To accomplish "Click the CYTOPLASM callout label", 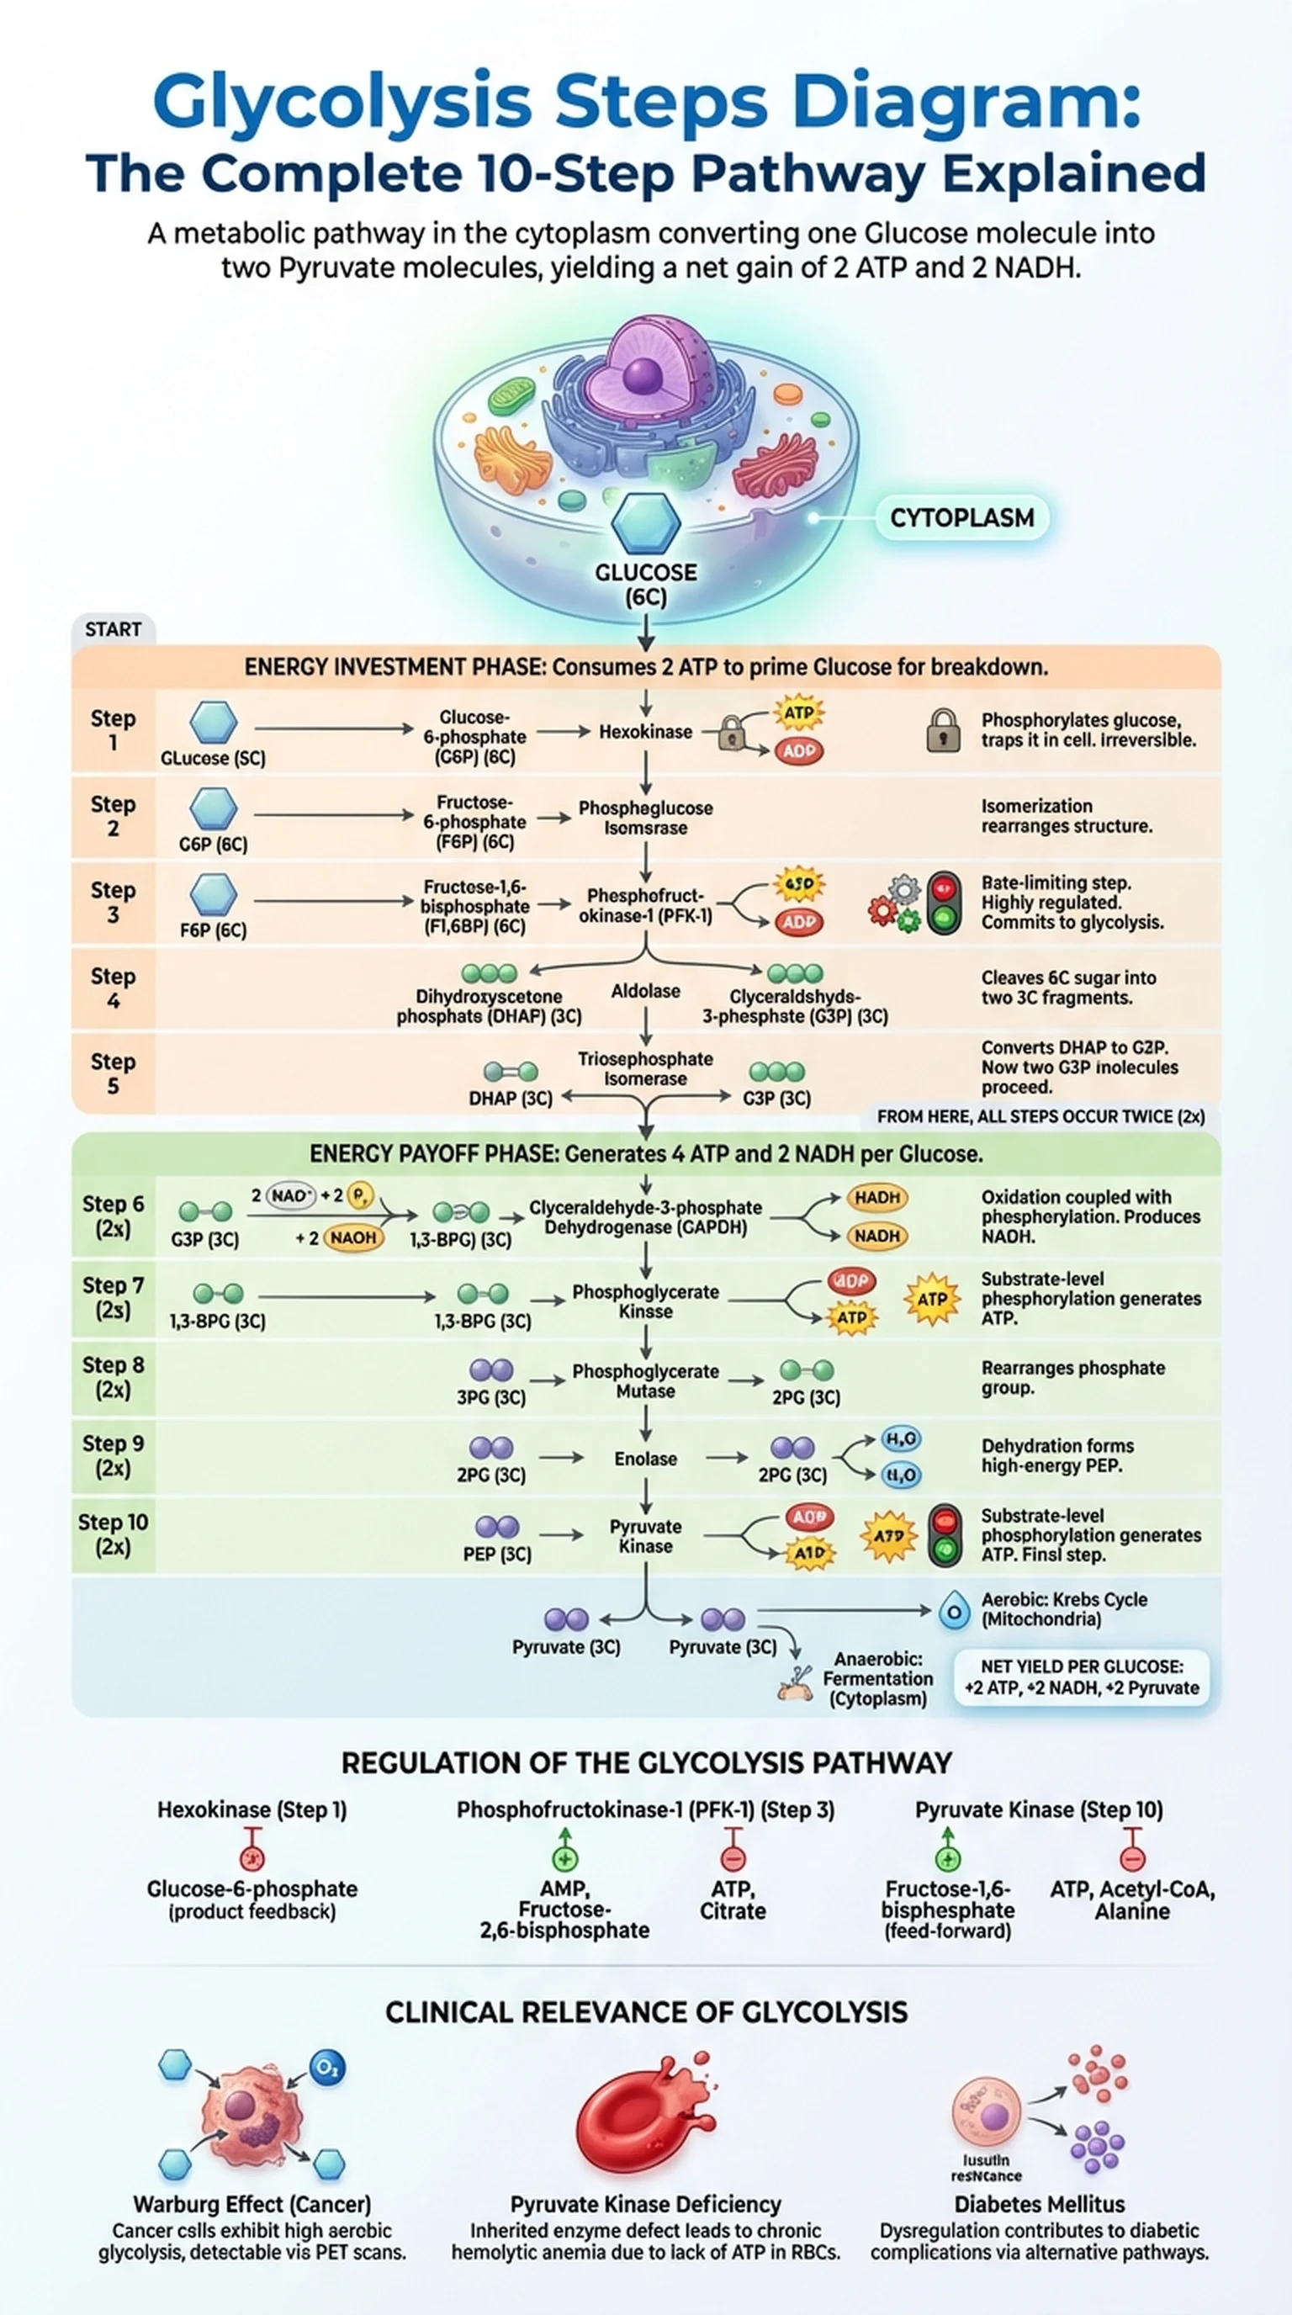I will pyautogui.click(x=961, y=517).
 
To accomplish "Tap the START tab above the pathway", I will pyautogui.click(x=114, y=629).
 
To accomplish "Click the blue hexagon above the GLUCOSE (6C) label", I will pyautogui.click(x=645, y=523).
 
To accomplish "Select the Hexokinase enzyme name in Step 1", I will pyautogui.click(x=645, y=732).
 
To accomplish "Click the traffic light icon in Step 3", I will pyautogui.click(x=944, y=903).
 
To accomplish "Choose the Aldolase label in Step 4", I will pyautogui.click(x=645, y=990).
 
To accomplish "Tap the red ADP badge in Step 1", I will pyautogui.click(x=799, y=750).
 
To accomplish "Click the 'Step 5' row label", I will pyautogui.click(x=114, y=1073).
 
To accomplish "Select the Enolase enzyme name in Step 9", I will pyautogui.click(x=645, y=1459).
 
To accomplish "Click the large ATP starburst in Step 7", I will pyautogui.click(x=932, y=1299).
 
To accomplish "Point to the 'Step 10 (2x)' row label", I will pyautogui.click(x=114, y=1534).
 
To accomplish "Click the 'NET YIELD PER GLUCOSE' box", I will pyautogui.click(x=1082, y=1677).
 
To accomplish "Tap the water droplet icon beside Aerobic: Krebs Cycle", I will pyautogui.click(x=954, y=1609).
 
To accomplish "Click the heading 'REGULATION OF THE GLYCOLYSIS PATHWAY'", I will pyautogui.click(x=646, y=1763).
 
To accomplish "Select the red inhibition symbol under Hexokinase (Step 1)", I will pyautogui.click(x=252, y=1855).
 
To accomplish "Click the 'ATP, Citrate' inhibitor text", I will pyautogui.click(x=733, y=1899).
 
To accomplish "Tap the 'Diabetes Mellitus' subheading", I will pyautogui.click(x=1040, y=2204).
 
